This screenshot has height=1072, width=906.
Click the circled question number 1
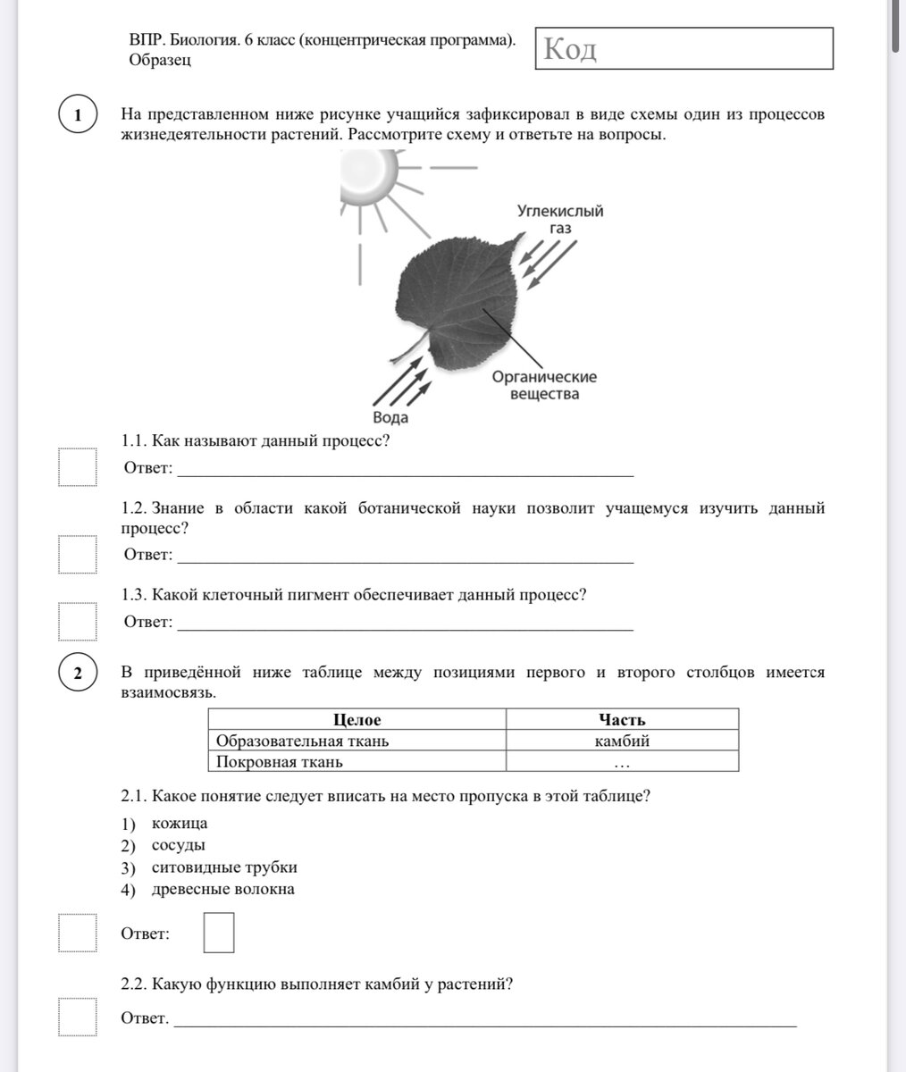pyautogui.click(x=79, y=116)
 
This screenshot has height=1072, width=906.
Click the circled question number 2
pyautogui.click(x=79, y=673)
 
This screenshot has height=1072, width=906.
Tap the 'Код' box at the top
pyautogui.click(x=684, y=48)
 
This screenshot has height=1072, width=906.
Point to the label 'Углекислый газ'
pyautogui.click(x=560, y=219)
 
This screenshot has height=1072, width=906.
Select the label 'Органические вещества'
pyautogui.click(x=544, y=385)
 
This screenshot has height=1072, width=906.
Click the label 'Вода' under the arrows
pyautogui.click(x=390, y=417)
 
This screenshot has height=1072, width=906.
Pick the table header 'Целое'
pyautogui.click(x=357, y=720)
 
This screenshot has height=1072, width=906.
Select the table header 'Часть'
pyautogui.click(x=622, y=720)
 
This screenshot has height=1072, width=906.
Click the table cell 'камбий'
pyautogui.click(x=622, y=741)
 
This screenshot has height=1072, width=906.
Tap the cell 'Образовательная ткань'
pyautogui.click(x=303, y=741)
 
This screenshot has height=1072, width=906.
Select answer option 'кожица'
pyautogui.click(x=180, y=823)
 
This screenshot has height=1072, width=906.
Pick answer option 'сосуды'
pyautogui.click(x=179, y=844)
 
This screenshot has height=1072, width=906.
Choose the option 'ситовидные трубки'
pyautogui.click(x=224, y=867)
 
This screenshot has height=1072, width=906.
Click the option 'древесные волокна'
pyautogui.click(x=222, y=889)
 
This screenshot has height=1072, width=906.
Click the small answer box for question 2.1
pyautogui.click(x=219, y=933)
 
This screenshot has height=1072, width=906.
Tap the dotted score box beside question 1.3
pyautogui.click(x=78, y=622)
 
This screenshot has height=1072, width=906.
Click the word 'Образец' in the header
pyautogui.click(x=160, y=60)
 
